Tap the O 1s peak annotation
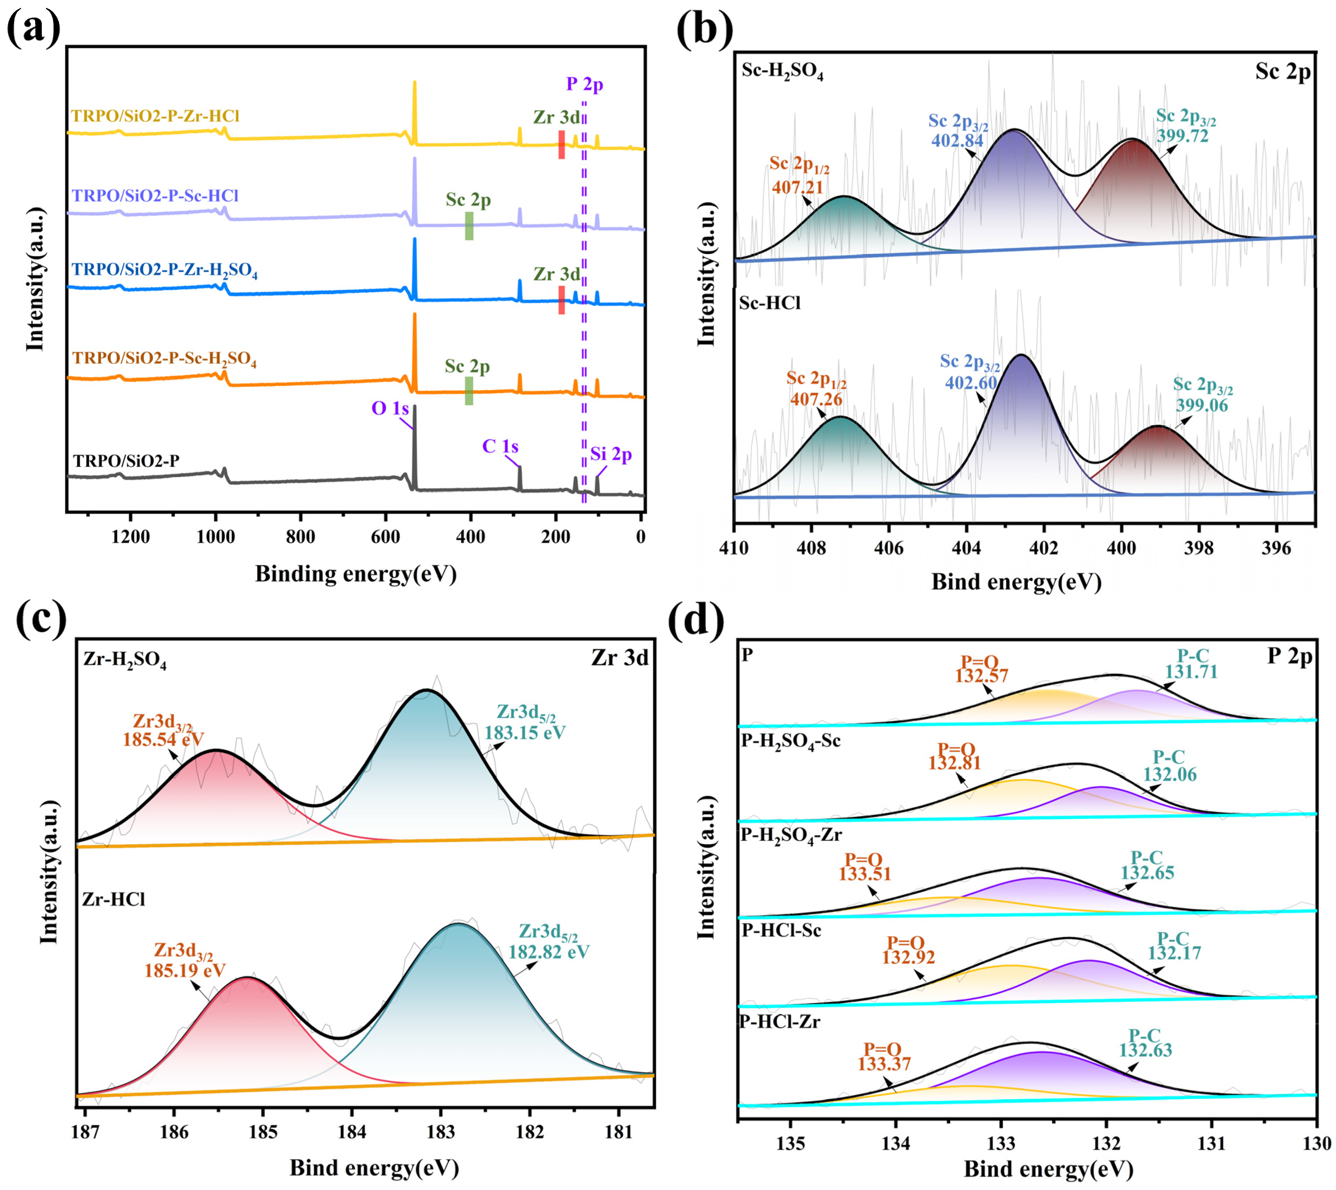(x=390, y=409)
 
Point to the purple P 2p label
(x=584, y=84)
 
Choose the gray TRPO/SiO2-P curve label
(x=126, y=461)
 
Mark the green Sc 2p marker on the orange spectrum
(x=469, y=390)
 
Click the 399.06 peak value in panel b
(x=1201, y=405)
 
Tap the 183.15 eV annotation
(x=525, y=732)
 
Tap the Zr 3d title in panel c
(x=619, y=658)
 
